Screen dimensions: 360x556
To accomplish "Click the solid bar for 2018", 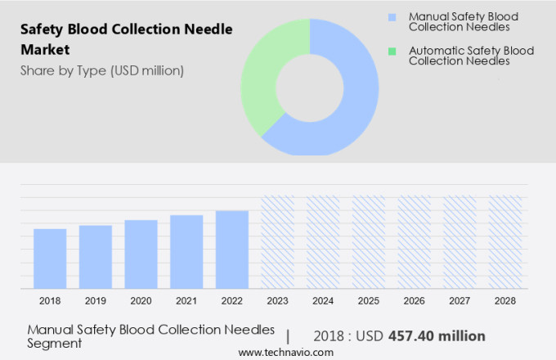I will [50, 259].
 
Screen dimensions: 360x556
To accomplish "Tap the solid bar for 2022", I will [232, 250].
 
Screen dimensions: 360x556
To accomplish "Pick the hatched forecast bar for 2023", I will [277, 241].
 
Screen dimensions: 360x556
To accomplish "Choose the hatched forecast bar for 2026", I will [414, 241].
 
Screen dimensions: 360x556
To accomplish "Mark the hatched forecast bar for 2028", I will [504, 241].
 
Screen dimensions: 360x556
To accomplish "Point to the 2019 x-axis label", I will [96, 301].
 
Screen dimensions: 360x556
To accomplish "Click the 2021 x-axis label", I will [186, 301].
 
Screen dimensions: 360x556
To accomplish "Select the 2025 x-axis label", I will [368, 301].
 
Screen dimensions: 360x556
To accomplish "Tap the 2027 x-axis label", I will [460, 301].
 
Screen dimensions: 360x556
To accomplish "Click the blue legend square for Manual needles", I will [392, 16].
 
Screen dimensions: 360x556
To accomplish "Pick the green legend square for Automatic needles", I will [392, 51].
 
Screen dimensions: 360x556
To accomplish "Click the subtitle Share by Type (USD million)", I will [102, 70].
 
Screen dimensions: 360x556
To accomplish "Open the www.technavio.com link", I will [285, 352].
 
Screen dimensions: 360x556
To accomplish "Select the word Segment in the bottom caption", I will [55, 344].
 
